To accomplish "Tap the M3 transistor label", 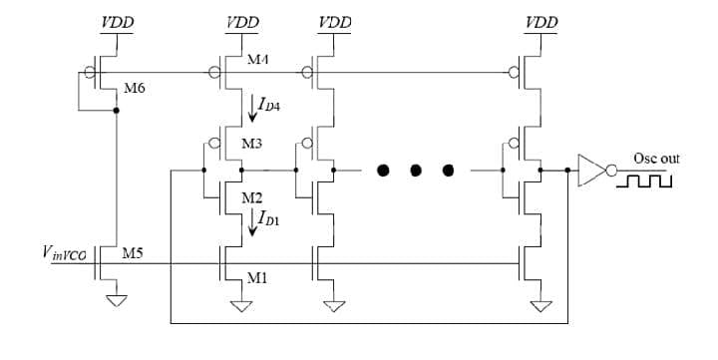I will [252, 144].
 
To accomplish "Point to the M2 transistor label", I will [252, 197].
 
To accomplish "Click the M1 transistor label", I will [256, 278].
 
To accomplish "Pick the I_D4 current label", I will [269, 103].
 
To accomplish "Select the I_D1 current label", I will [268, 216].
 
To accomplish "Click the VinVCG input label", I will [69, 255].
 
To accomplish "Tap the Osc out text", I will [656, 159].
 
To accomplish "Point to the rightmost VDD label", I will [540, 21].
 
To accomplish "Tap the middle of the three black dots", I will [416, 171].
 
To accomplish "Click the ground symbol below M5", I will [117, 299].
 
